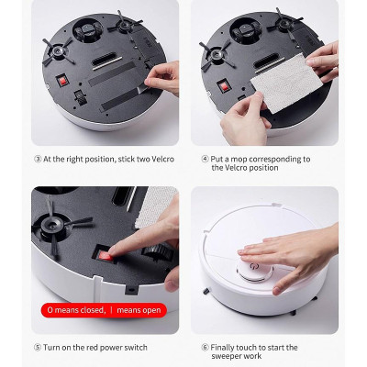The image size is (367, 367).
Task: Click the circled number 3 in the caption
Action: [x=37, y=159]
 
